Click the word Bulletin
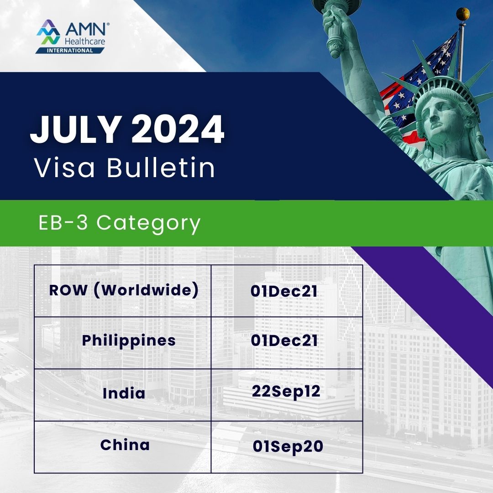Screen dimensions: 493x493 pyautogui.click(x=161, y=168)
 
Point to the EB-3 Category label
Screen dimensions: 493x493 pyautogui.click(x=119, y=223)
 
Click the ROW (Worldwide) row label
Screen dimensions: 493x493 pyautogui.click(x=124, y=291)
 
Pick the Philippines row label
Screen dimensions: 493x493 pyautogui.click(x=129, y=341)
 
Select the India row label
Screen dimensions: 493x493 pyautogui.click(x=124, y=393)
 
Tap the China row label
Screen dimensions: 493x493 pyautogui.click(x=125, y=445)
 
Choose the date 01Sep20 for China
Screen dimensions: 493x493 pyautogui.click(x=288, y=446)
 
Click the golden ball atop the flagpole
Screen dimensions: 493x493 pyautogui.click(x=463, y=14)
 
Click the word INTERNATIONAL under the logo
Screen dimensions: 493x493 pyautogui.click(x=70, y=50)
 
